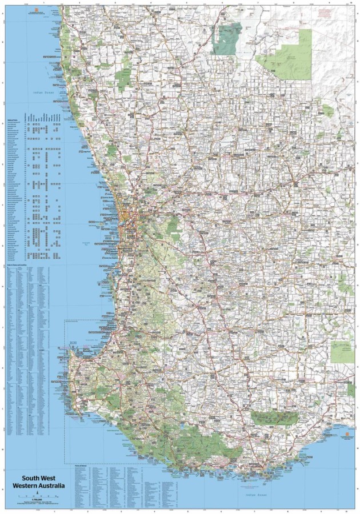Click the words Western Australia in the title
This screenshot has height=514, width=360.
click(43, 487)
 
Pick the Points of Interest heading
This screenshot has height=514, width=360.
click(82, 465)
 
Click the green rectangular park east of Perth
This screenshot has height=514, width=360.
click(173, 227)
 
